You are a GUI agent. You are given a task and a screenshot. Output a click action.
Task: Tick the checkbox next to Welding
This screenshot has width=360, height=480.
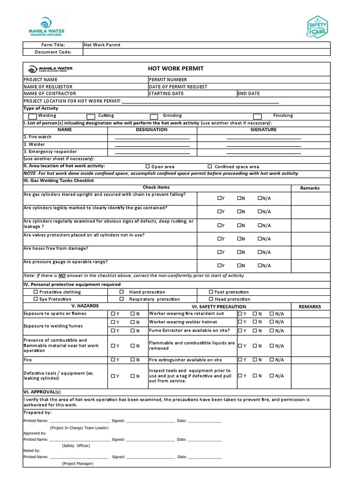(32, 116)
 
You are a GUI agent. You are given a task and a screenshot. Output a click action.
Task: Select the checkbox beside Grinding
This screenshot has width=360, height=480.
(154, 116)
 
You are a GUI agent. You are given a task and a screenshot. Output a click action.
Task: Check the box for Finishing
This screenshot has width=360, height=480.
(257, 116)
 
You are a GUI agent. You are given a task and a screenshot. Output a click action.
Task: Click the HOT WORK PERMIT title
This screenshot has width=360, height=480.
(176, 68)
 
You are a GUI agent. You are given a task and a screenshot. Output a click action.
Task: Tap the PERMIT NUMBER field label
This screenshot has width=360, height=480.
(168, 80)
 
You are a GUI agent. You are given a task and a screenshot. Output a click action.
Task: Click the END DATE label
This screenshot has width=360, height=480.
(248, 93)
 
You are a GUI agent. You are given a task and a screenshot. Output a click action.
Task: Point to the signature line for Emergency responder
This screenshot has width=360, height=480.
(263, 153)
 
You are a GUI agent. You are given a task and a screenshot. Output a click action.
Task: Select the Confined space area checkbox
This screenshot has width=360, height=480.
(210, 166)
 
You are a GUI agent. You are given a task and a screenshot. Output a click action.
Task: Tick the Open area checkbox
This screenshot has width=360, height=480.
(148, 166)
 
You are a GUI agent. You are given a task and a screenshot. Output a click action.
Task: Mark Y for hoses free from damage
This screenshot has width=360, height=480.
(219, 252)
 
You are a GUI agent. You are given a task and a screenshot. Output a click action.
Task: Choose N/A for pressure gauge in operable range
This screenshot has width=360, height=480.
(260, 265)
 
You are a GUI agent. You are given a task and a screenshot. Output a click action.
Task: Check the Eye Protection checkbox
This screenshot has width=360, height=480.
(36, 299)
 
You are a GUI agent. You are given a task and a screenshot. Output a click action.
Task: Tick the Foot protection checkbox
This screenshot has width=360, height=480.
(211, 292)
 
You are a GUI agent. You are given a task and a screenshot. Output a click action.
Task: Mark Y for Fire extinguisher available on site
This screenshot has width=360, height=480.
(240, 360)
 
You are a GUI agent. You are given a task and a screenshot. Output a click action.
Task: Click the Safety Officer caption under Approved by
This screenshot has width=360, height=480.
(75, 445)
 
